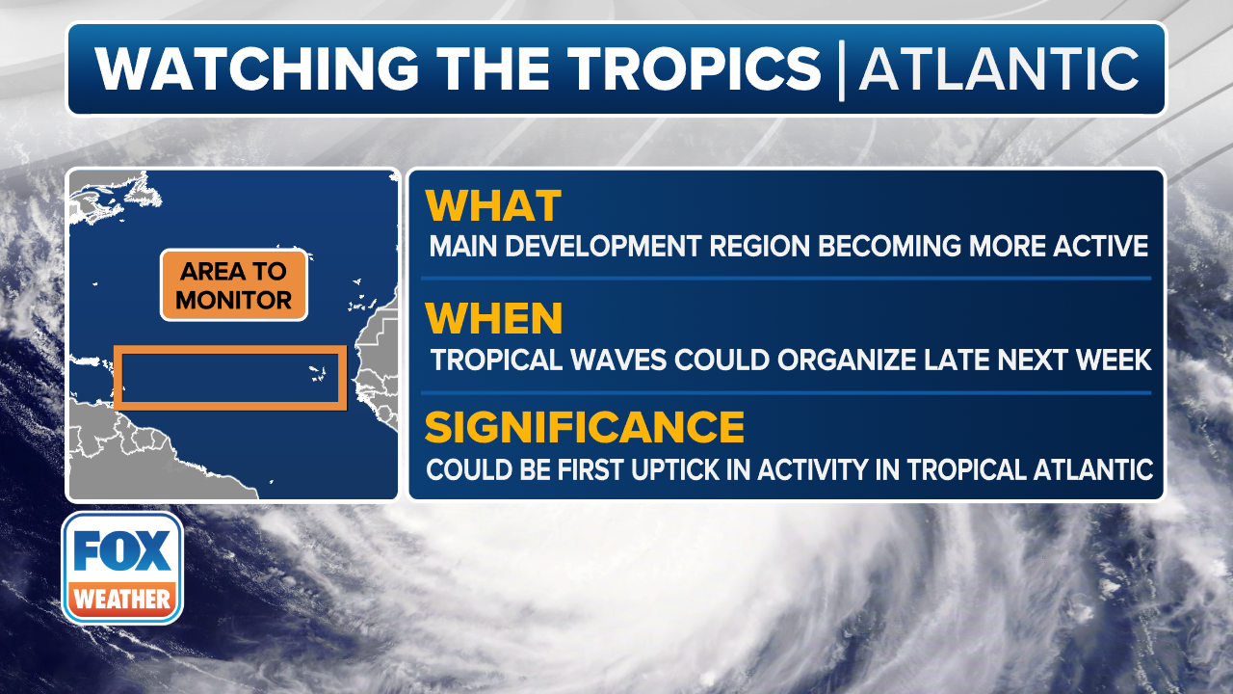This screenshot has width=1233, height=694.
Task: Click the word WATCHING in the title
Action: pyautogui.click(x=256, y=68)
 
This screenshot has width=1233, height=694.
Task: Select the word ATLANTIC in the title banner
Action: pyautogui.click(x=999, y=68)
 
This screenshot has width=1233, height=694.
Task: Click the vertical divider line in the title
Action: pyautogui.click(x=841, y=70)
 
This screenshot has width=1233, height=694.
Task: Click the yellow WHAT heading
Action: pyautogui.click(x=493, y=206)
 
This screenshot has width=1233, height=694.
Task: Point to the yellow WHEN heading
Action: pyautogui.click(x=494, y=318)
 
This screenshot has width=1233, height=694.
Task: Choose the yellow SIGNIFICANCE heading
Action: pyautogui.click(x=585, y=427)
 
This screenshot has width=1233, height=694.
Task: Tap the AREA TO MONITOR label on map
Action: pyautogui.click(x=234, y=284)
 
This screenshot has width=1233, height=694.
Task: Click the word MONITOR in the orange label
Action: pyautogui.click(x=234, y=300)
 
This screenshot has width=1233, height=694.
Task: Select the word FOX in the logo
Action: pyautogui.click(x=122, y=550)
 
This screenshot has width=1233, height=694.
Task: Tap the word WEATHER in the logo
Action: pyautogui.click(x=122, y=599)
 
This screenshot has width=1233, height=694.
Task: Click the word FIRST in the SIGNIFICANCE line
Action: pyautogui.click(x=591, y=469)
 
